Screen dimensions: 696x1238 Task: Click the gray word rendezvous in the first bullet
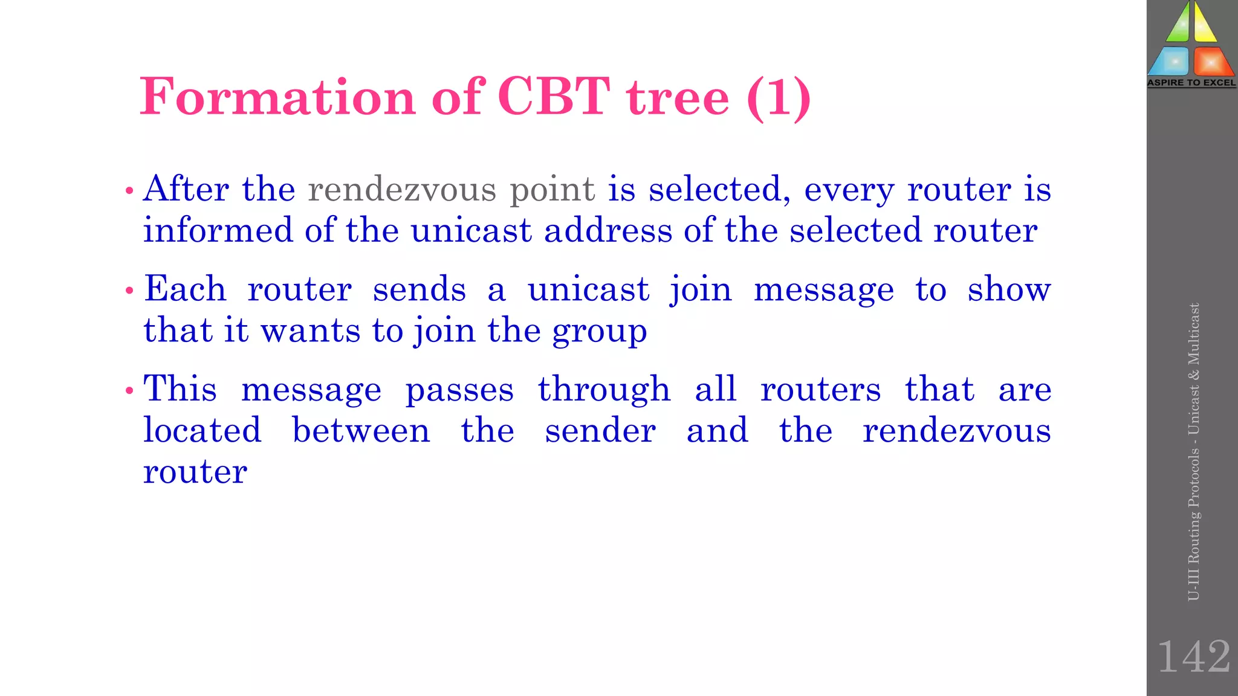(x=402, y=189)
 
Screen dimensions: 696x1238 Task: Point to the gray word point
(x=553, y=190)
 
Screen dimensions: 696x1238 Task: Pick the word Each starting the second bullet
(x=185, y=289)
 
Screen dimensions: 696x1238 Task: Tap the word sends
(x=419, y=289)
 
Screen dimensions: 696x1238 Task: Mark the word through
(x=604, y=390)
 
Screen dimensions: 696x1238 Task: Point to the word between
(x=361, y=430)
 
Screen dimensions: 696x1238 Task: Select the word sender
(x=600, y=431)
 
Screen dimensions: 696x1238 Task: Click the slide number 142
(x=1193, y=657)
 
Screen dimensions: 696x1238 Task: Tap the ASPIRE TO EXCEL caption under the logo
(x=1191, y=83)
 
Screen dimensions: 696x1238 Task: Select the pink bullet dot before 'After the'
(x=128, y=191)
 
